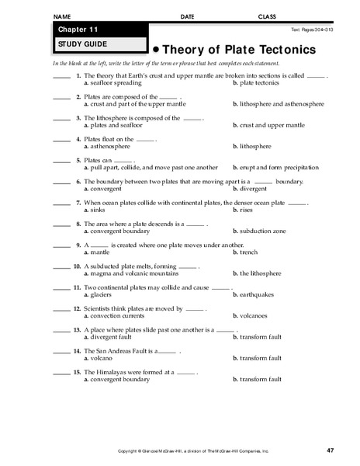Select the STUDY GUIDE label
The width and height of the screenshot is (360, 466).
[76, 43]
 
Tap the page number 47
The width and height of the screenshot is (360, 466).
[330, 450]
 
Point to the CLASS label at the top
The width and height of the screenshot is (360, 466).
[268, 16]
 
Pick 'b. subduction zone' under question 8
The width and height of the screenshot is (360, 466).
[263, 231]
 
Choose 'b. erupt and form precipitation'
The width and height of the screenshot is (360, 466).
[275, 167]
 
